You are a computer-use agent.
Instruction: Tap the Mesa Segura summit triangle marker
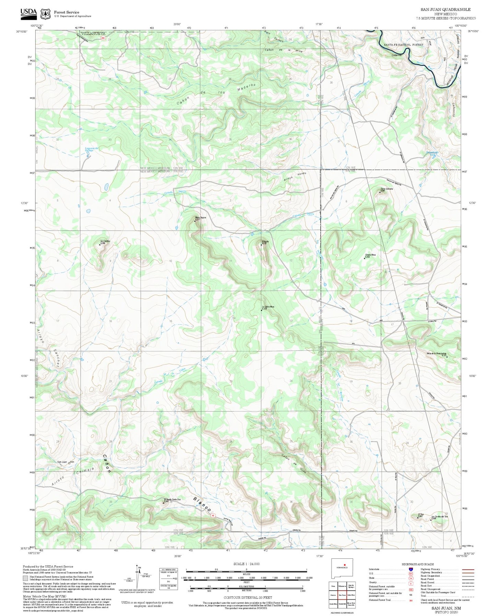[195, 221]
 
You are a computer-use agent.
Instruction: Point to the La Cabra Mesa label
[267, 307]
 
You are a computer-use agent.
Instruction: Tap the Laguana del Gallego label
[92, 149]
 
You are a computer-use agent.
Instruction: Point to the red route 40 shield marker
[213, 515]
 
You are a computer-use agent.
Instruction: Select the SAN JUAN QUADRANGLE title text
[446, 10]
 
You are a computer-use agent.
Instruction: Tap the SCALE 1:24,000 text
[246, 564]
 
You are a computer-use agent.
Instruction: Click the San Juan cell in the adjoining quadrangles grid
[342, 595]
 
